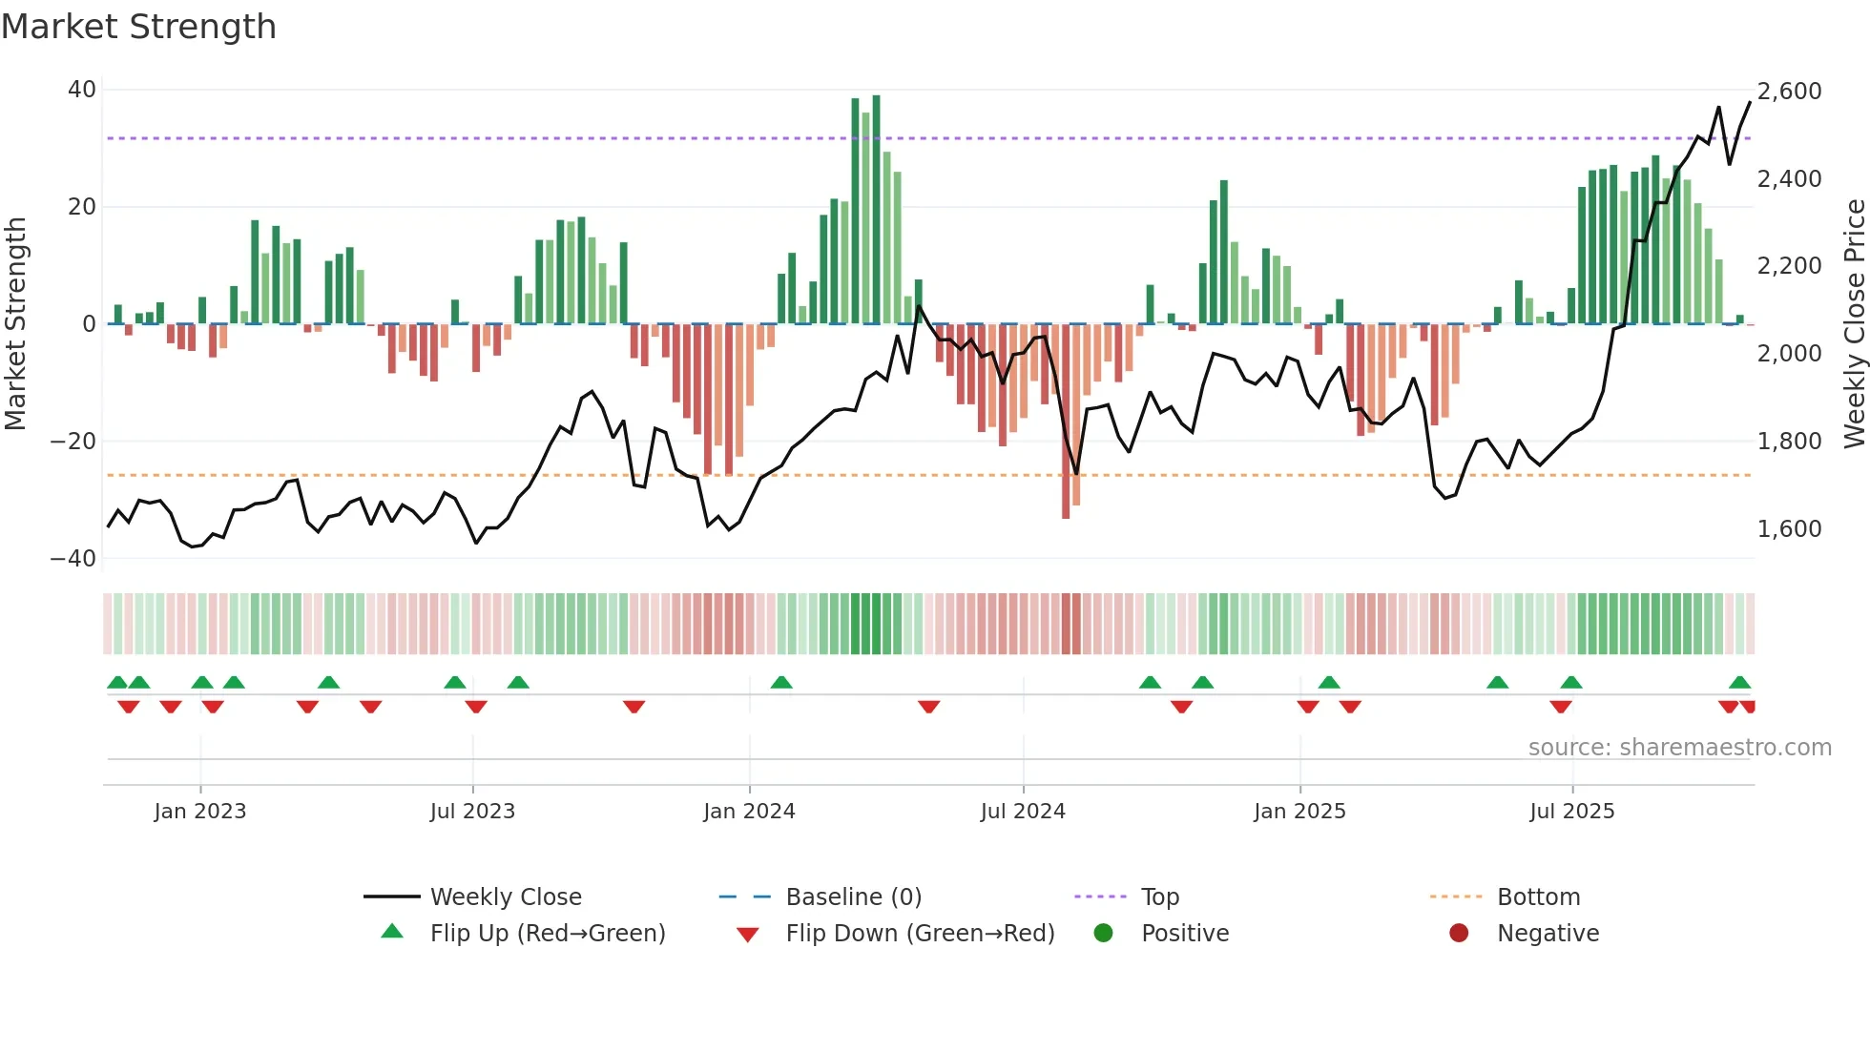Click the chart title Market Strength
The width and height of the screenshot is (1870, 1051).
pos(138,27)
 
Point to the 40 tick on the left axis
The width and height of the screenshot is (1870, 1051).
pos(82,90)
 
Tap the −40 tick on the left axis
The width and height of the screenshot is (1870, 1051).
pos(73,559)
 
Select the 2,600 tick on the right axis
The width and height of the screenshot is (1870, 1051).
pos(1789,92)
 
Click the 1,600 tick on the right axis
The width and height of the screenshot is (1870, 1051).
pos(1789,529)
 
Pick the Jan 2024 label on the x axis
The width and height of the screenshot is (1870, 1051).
pos(749,812)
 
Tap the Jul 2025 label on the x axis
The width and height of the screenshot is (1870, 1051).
pos(1571,812)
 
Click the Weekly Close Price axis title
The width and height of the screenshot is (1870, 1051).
pos(1854,324)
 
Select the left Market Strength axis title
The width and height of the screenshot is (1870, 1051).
pos(16,324)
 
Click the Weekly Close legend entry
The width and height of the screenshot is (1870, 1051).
pos(505,897)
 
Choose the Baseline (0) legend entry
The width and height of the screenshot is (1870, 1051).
pos(853,897)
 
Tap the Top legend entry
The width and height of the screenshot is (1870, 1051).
pos(1159,897)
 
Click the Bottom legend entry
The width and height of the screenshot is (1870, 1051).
pos(1538,897)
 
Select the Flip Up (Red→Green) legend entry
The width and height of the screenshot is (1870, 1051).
pos(547,934)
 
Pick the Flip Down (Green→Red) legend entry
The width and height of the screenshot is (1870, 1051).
pos(920,934)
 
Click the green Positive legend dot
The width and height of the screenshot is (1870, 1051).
pos(1104,934)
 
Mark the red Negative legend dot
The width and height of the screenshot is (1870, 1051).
pos(1459,934)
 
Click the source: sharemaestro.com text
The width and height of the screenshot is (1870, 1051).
pos(1679,748)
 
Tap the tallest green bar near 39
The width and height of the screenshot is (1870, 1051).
pos(876,210)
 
